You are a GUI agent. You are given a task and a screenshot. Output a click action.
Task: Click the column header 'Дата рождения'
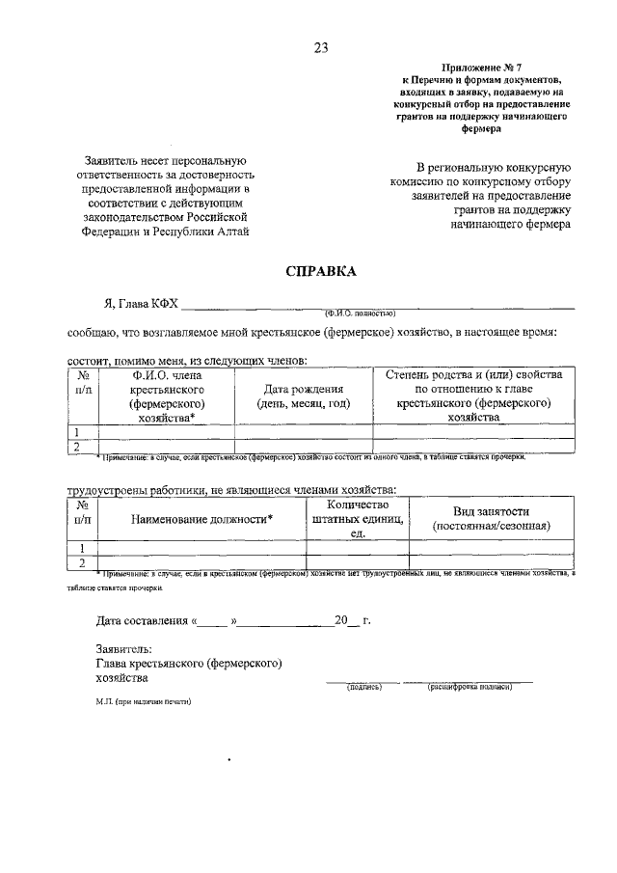pos(304,389)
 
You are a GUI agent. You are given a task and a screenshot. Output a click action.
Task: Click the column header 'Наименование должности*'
pos(201,519)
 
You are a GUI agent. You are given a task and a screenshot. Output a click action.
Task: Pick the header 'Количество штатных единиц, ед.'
pos(357,519)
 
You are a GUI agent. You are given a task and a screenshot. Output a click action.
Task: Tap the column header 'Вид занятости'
pos(492,511)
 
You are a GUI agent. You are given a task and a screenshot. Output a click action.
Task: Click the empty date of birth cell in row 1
pos(304,432)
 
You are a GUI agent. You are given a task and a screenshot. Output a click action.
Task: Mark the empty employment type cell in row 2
pos(492,562)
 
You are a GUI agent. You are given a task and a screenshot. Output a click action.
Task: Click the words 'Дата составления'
pos(141,621)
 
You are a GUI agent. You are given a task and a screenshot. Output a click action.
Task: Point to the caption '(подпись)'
pos(364,687)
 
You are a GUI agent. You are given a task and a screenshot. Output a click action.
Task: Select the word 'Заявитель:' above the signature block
pos(124,650)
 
